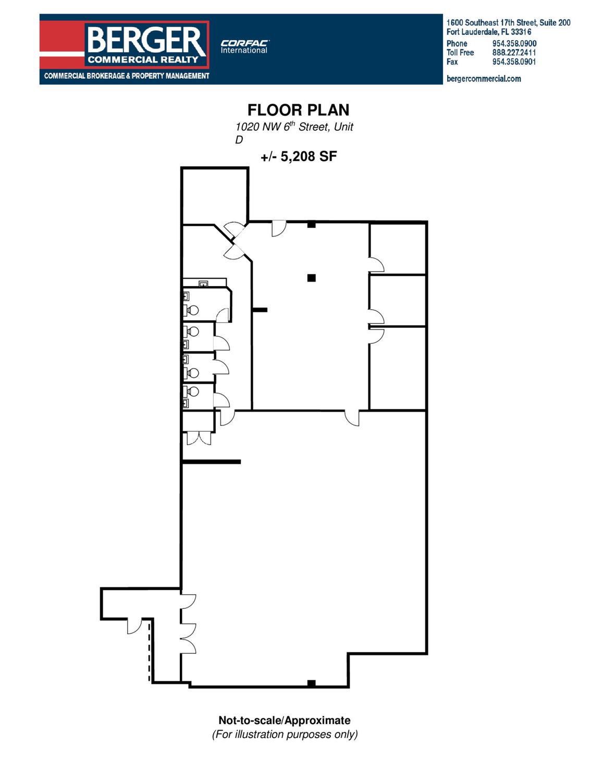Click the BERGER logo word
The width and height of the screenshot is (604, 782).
146,41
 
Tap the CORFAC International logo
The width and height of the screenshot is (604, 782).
244,47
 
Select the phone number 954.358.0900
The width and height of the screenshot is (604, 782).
514,44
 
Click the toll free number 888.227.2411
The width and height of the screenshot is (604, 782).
514,53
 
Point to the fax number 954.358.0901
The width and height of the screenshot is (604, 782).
514,62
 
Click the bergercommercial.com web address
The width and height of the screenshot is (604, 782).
484,79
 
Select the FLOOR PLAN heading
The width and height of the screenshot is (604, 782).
298,110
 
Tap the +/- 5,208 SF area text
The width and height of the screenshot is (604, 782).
299,156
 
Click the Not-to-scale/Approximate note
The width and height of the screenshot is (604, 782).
284,720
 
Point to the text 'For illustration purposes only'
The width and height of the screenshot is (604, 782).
285,734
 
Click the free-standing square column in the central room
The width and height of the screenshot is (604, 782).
311,278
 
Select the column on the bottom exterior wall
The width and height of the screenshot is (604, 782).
311,683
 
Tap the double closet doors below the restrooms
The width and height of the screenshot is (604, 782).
199,438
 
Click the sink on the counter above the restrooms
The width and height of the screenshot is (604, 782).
203,284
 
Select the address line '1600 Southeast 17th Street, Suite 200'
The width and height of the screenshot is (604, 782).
508,22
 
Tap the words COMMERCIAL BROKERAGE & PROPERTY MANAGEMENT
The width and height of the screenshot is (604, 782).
127,76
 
